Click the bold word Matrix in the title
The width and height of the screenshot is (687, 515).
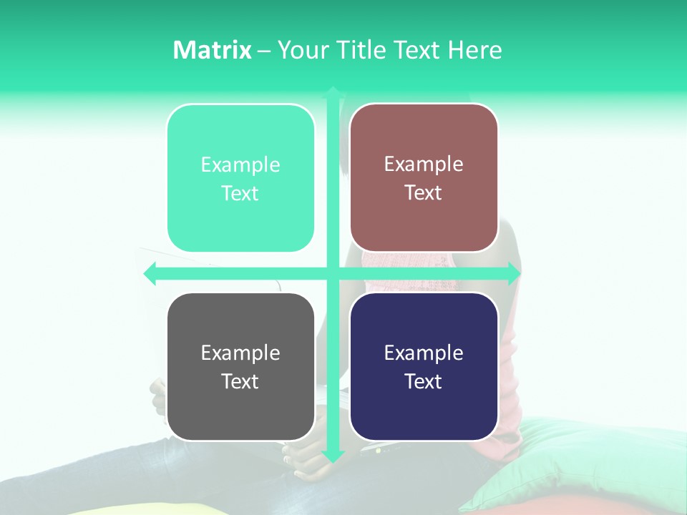click(212, 50)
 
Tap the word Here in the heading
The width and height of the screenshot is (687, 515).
click(474, 50)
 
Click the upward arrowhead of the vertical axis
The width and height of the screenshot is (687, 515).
click(333, 92)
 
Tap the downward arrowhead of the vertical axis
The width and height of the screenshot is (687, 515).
click(333, 456)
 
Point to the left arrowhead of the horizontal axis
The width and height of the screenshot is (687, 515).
click(150, 273)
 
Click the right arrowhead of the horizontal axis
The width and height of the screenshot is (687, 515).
click(515, 273)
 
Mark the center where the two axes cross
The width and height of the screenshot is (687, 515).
click(333, 273)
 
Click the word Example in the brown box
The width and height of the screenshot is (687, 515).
click(424, 164)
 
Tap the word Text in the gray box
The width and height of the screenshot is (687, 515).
click(240, 381)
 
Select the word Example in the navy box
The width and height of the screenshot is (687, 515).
click(424, 353)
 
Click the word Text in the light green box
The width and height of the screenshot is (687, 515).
click(240, 193)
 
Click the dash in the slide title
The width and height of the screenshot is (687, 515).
click(264, 51)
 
